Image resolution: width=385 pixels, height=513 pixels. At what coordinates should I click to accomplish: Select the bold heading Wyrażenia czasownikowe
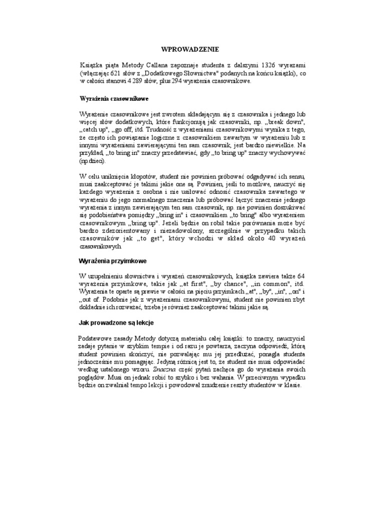click(x=113, y=99)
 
